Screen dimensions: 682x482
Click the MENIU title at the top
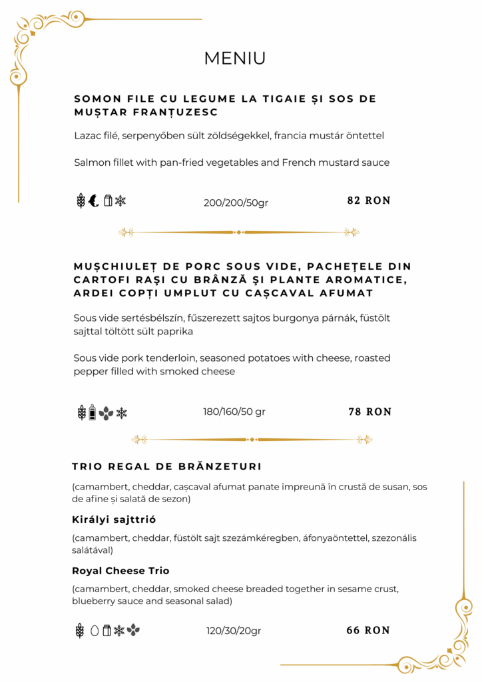tap(234, 59)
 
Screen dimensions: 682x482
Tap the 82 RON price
tap(369, 200)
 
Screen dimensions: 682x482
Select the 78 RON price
tap(369, 412)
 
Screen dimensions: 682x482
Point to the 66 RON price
tap(368, 630)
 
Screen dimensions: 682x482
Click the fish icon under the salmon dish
tap(94, 200)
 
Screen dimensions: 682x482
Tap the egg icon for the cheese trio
tap(94, 630)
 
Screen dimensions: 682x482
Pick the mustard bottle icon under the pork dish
tap(93, 412)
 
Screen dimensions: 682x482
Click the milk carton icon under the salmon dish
tap(107, 200)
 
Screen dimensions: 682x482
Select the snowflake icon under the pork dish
tap(121, 413)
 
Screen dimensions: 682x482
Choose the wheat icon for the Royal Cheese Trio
tap(80, 630)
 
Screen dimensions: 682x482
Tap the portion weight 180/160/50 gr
tap(234, 412)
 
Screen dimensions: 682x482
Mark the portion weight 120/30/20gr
tap(234, 631)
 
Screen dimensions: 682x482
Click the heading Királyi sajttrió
tap(114, 519)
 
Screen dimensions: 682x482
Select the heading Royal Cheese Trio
tap(120, 571)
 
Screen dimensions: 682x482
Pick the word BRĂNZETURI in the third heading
tap(214, 466)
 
